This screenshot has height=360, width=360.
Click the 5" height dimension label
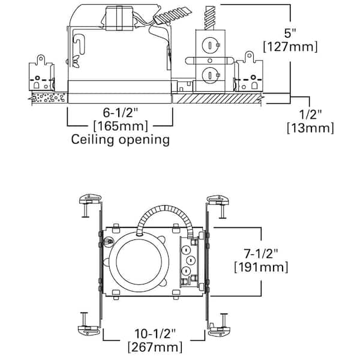click(x=290, y=33)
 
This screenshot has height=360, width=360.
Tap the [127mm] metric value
click(x=290, y=47)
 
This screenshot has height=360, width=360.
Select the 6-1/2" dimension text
click(x=121, y=113)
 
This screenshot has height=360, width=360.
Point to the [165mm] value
click(x=121, y=126)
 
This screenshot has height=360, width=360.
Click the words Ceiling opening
click(x=121, y=140)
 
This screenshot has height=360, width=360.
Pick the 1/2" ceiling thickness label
click(x=310, y=114)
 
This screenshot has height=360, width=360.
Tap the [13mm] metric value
click(x=310, y=128)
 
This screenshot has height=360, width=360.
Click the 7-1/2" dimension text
click(x=261, y=254)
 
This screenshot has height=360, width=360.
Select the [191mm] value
click(x=261, y=268)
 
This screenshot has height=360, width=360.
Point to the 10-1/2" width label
click(x=155, y=334)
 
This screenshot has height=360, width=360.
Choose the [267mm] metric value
click(x=155, y=347)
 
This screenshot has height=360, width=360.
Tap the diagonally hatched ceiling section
click(x=217, y=98)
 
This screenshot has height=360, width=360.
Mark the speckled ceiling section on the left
click(x=49, y=98)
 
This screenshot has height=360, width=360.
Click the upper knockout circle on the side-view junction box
click(x=210, y=45)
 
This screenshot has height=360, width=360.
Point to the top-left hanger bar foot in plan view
click(x=90, y=199)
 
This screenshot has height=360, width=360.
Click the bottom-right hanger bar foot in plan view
click(x=219, y=331)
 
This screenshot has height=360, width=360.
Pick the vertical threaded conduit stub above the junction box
click(x=210, y=18)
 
